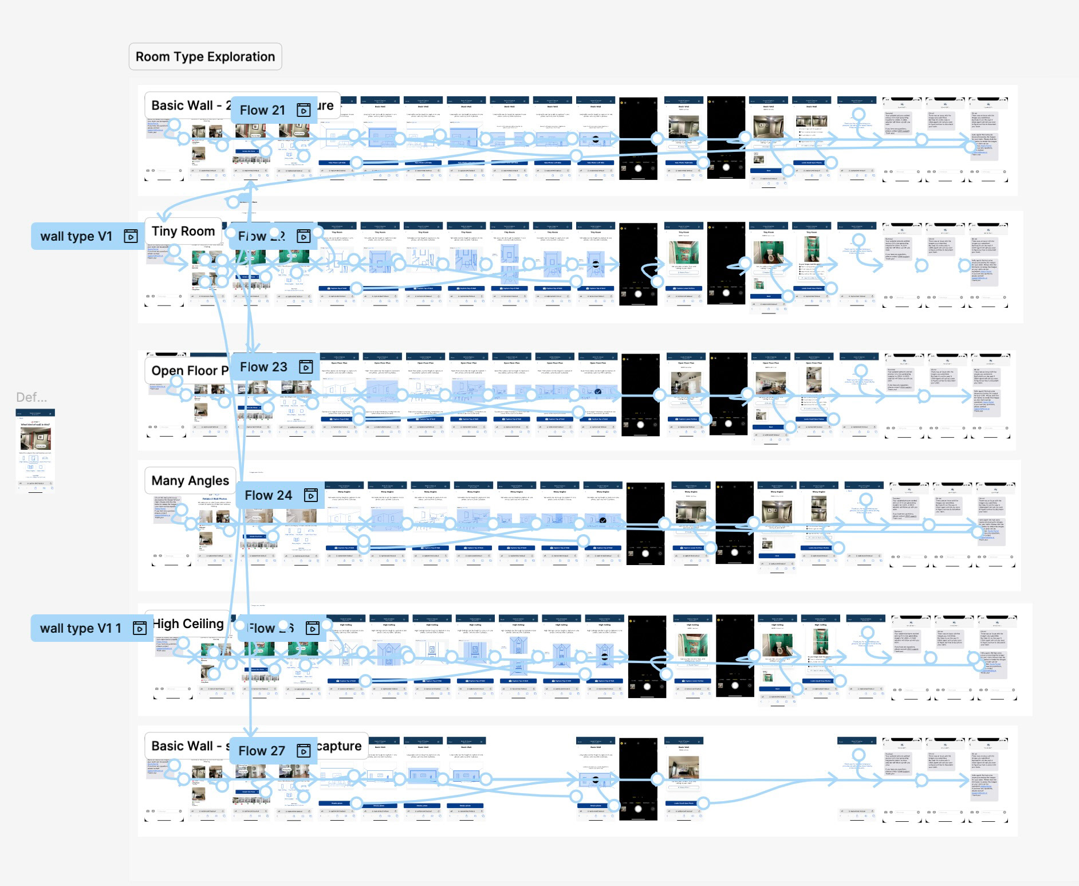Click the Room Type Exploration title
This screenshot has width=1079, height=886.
(x=205, y=57)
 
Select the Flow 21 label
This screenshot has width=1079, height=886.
(x=262, y=110)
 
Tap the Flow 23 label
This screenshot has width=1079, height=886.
(x=263, y=367)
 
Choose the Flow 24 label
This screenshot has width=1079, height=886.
(x=268, y=495)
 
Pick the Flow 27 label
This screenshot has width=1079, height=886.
(x=261, y=751)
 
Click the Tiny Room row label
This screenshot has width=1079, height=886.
(x=183, y=231)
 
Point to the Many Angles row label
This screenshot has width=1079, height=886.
(x=190, y=480)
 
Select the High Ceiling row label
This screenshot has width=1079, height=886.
(x=188, y=624)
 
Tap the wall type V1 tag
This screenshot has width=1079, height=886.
(x=76, y=236)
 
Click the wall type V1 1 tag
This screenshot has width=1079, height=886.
(x=80, y=628)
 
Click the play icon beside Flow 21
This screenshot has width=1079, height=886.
(x=304, y=110)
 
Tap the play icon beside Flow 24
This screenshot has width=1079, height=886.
(x=310, y=495)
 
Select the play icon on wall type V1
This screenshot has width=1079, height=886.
(x=131, y=236)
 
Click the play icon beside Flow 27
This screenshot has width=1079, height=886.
(x=304, y=751)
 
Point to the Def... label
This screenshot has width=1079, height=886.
(x=31, y=397)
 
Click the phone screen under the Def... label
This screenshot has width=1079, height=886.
(x=36, y=450)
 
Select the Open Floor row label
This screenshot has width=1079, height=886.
(x=189, y=371)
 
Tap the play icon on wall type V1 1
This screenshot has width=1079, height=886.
(x=139, y=628)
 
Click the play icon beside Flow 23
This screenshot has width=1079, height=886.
(x=306, y=367)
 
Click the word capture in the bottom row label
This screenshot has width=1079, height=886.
(x=339, y=746)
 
